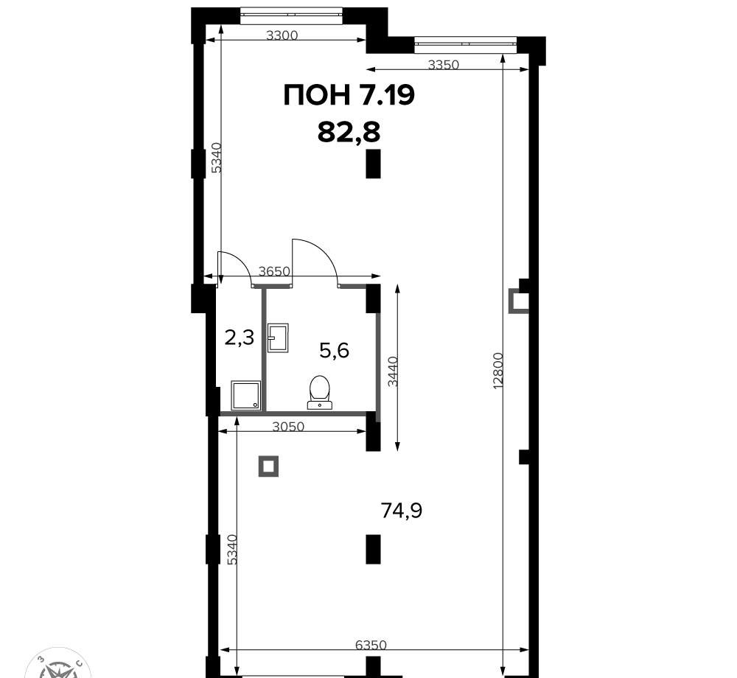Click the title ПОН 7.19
coord(349,95)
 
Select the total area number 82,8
coord(349,131)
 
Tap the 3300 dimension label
coord(282,35)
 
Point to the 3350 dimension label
coord(443,64)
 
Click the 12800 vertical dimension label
coord(499,370)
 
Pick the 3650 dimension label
coord(274,272)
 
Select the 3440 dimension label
coord(393,371)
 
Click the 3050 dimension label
coord(289,427)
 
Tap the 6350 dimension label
coord(371,645)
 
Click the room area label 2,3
coord(240,338)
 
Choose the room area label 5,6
coord(334,351)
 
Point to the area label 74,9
coord(402,510)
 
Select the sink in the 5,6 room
coord(278,338)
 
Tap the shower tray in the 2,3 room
coord(246,395)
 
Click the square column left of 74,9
coord(268,466)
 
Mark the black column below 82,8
coord(373,164)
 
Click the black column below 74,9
coord(373,549)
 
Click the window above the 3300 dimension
coord(290,15)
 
